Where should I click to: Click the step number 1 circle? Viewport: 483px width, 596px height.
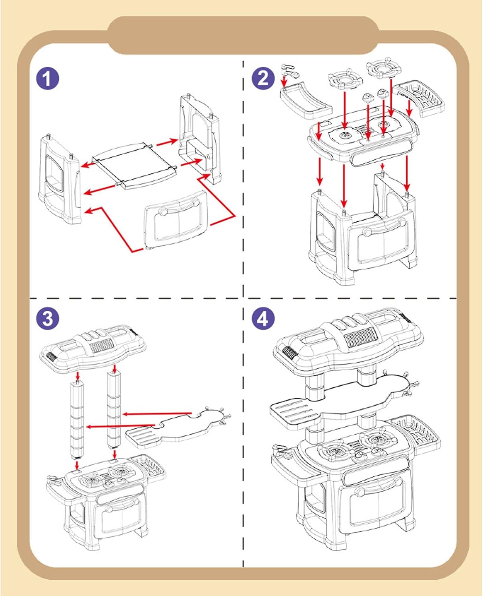click(x=47, y=78)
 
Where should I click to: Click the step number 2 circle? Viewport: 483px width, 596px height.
click(x=263, y=78)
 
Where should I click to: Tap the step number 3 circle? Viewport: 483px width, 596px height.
click(x=47, y=318)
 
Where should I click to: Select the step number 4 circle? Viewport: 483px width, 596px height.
click(x=263, y=318)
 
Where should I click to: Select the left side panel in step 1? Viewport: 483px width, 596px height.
click(x=60, y=179)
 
